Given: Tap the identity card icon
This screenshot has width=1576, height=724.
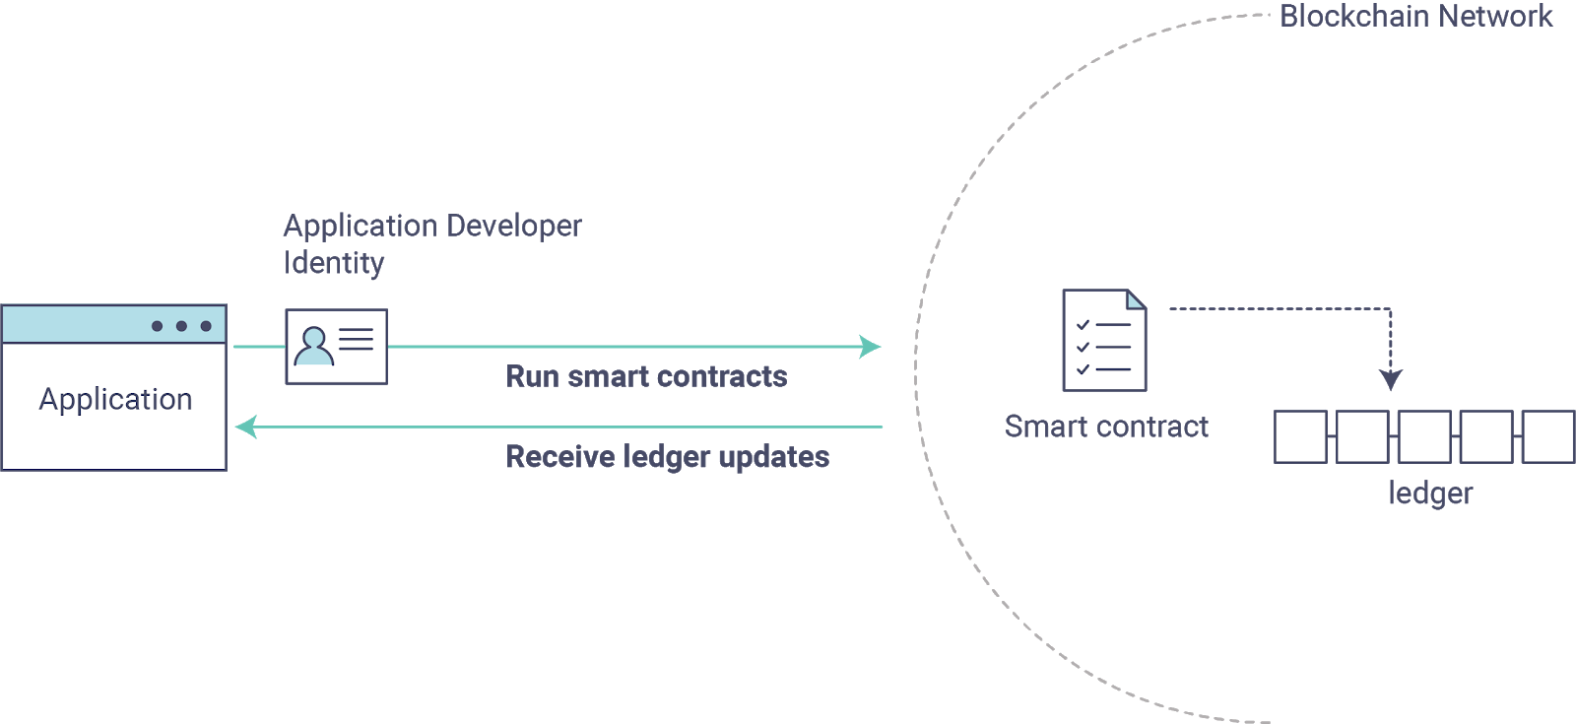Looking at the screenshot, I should tap(336, 347).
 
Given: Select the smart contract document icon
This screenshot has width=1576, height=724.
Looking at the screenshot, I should tap(1104, 341).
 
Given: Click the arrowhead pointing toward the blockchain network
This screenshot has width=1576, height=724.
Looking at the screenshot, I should tap(871, 347).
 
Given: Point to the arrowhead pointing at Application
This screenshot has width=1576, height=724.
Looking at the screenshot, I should tap(245, 428).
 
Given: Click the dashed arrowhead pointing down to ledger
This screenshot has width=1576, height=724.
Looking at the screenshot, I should tap(1390, 379).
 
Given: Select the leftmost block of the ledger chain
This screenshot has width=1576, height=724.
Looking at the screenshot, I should tap(1300, 436).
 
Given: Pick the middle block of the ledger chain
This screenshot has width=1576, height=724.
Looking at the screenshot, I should tap(1424, 436).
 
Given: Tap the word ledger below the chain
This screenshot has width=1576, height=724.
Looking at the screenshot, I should tap(1430, 493).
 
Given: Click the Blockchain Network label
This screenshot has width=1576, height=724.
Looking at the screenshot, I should tap(1415, 17).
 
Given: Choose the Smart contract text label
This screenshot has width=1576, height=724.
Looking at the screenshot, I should tap(1106, 427).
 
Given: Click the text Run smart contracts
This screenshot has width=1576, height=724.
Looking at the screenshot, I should tap(646, 376).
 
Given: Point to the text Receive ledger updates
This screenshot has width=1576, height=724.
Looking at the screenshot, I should tap(667, 457).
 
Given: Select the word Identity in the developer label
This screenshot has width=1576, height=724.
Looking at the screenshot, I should tap(334, 263).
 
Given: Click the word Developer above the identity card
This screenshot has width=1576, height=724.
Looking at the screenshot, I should tap(514, 227).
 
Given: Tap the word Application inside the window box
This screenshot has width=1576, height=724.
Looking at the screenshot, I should tap(115, 399).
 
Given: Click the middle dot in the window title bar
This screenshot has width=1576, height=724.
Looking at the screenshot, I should tap(181, 326).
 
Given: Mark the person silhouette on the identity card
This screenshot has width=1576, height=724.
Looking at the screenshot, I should tap(314, 346).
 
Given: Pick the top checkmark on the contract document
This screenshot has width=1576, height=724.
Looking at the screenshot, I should tap(1083, 324).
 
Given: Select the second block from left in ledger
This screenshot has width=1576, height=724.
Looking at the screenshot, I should tap(1362, 436).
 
